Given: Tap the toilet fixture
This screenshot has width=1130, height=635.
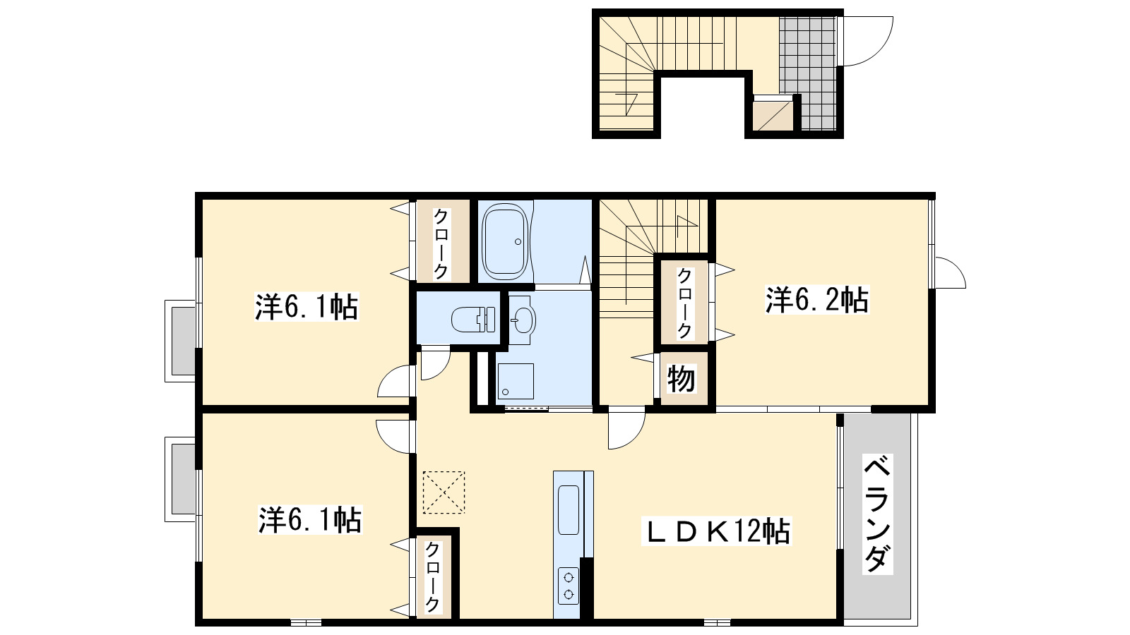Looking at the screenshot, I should (x=472, y=319).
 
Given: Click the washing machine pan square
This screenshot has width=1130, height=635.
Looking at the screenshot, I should (x=515, y=381).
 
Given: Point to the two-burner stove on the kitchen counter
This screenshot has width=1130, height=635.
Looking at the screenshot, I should (x=568, y=585).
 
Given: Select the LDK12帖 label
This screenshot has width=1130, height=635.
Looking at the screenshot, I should (x=715, y=531).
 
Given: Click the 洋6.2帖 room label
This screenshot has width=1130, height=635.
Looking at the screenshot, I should (x=816, y=301).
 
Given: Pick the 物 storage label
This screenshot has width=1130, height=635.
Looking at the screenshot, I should (x=682, y=380).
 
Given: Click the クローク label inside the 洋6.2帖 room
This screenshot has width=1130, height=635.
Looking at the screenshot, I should (x=684, y=303).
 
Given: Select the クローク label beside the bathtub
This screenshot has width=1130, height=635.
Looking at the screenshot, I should (x=441, y=243).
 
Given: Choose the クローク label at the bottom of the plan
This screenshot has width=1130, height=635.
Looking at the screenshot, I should (x=433, y=577).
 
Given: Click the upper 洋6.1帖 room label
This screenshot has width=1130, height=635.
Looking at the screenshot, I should (x=307, y=308).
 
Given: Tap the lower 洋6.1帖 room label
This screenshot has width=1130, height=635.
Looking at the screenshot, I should (x=309, y=520).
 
